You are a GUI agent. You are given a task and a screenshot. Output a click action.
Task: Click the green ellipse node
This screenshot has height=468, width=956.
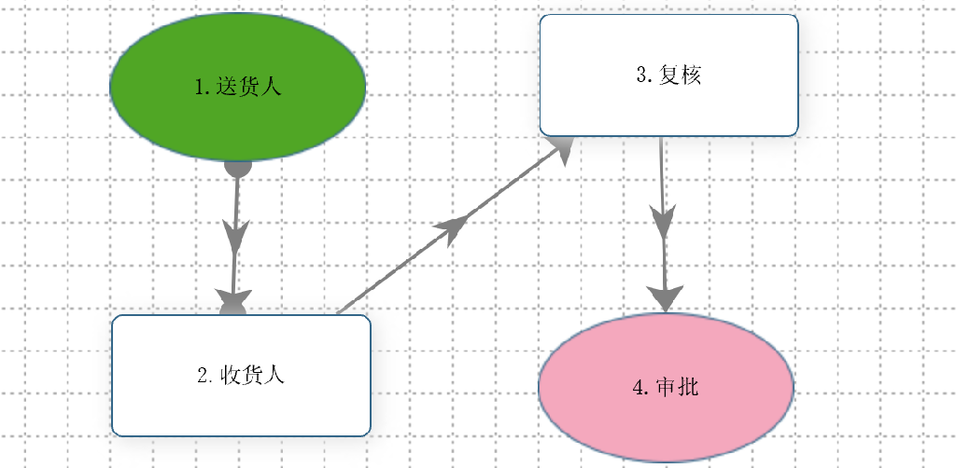[x=238, y=87]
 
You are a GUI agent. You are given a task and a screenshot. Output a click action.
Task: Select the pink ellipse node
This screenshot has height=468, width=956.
[x=666, y=388]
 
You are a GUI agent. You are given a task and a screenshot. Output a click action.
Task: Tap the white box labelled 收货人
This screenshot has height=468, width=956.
[x=242, y=376]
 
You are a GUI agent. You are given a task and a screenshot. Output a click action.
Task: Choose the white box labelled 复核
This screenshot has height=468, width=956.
[x=668, y=75]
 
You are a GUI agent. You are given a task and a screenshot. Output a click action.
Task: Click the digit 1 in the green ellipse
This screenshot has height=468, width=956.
[x=200, y=88]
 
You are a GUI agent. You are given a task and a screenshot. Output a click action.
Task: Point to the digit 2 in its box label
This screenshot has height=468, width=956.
[x=203, y=376]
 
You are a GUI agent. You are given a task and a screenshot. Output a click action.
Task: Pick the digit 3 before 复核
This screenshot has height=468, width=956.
[x=641, y=76]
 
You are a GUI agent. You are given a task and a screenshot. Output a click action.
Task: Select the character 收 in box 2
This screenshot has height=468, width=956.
[x=231, y=376]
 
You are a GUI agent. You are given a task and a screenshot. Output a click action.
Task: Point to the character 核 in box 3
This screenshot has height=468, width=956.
[x=691, y=75]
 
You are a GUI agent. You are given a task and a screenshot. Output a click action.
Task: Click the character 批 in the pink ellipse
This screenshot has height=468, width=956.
[x=688, y=388]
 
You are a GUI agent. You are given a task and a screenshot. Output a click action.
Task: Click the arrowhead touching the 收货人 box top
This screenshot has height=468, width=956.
[x=234, y=302]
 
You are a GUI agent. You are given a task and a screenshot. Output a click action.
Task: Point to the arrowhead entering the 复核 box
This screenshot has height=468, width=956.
[x=560, y=150]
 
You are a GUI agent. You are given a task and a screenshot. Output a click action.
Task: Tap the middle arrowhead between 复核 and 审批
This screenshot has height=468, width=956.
[x=664, y=222]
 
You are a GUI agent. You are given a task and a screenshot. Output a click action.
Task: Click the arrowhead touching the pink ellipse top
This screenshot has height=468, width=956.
[x=665, y=297]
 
